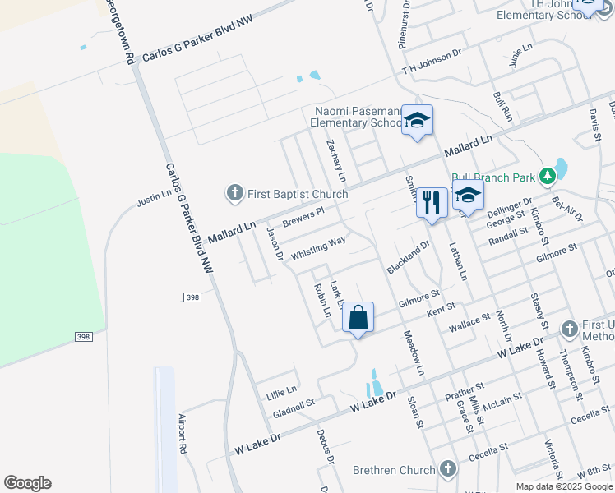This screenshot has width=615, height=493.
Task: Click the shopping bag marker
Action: tap(358, 317)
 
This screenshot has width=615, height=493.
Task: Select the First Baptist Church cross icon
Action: tap(234, 194)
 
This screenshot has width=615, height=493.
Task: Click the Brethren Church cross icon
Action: tap(447, 470)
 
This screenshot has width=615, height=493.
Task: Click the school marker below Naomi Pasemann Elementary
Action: tap(417, 121)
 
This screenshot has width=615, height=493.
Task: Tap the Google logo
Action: tap(27, 483)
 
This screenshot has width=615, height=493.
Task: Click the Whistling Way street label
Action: tap(318, 248)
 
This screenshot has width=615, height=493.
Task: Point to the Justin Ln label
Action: tap(155, 197)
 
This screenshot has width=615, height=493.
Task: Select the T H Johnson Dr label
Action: tap(432, 62)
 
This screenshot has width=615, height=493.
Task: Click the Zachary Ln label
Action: tap(335, 159)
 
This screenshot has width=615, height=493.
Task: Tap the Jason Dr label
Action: tap(274, 244)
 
